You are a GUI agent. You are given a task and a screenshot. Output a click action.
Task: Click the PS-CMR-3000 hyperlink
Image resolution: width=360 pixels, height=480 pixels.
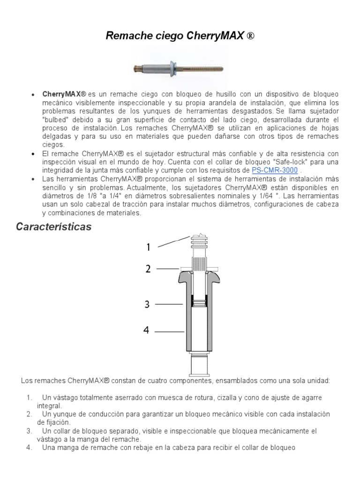(275, 170)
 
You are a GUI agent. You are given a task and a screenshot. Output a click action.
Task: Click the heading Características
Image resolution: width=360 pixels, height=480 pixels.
(53, 227)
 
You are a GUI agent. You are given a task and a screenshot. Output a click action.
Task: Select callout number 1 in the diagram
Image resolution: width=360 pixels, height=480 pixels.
(148, 247)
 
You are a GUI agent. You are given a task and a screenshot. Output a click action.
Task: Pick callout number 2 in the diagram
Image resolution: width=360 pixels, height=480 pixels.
(148, 269)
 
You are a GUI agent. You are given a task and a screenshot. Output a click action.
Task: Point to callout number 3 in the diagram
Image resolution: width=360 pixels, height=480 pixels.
(147, 305)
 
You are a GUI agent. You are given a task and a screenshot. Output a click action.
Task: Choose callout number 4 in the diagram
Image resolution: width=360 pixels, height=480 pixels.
(147, 331)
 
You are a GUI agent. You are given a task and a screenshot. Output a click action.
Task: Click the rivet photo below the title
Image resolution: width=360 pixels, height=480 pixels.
(180, 69)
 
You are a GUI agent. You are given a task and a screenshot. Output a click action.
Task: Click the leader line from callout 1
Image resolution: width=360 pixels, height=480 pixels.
(173, 241)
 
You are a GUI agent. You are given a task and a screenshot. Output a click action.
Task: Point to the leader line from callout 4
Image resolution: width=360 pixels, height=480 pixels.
(169, 332)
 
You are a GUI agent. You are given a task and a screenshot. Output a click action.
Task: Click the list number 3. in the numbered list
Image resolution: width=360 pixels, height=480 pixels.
(29, 431)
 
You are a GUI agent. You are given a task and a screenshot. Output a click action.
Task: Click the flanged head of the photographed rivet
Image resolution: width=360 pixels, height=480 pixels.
(173, 68)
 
